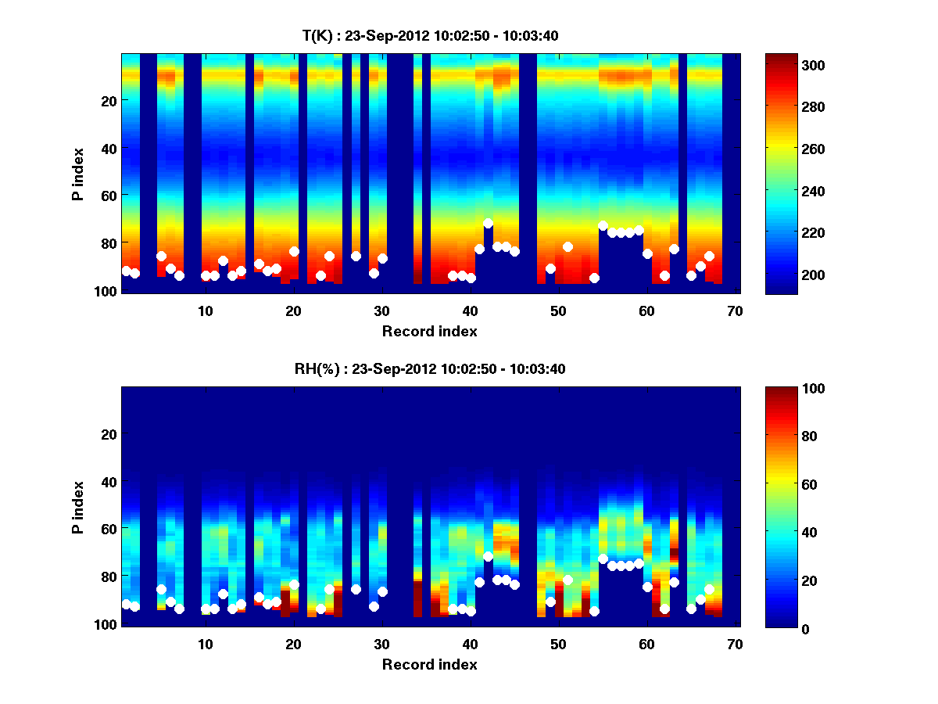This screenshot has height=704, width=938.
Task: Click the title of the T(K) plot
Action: point(430,35)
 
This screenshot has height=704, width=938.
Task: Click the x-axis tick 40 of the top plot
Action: point(470,311)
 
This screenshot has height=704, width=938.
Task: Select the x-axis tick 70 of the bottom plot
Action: point(734,644)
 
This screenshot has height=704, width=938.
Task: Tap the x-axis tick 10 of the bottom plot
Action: point(205,644)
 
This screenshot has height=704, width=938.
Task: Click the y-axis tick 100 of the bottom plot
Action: point(106,623)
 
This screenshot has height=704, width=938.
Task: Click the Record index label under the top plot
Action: point(429,331)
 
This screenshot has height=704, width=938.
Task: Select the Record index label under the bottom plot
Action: point(429,664)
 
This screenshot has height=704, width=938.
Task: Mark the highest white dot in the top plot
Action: point(488,223)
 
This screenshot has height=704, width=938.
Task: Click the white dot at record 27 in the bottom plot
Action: point(356,589)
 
